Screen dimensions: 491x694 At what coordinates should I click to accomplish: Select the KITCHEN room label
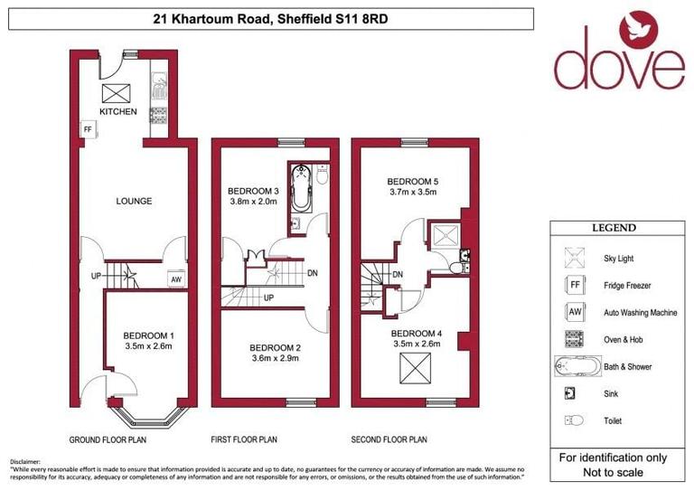pos(118,112)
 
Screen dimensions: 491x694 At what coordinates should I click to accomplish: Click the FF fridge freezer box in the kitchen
pos(88,130)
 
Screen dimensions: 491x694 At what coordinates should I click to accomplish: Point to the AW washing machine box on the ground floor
pos(176,280)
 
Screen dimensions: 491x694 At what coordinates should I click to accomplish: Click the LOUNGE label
pos(133,201)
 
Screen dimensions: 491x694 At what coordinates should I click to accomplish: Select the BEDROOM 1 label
pos(148,336)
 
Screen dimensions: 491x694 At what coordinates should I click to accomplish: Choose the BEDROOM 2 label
pos(275,348)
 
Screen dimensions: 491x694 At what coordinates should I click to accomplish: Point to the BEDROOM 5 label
pos(411,180)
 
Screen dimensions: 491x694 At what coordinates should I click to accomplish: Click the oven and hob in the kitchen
pos(159,114)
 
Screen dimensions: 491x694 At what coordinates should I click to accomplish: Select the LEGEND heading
pos(614,228)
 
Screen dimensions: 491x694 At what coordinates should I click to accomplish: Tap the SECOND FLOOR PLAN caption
pos(389,440)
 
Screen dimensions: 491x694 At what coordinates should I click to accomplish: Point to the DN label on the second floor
pos(398,276)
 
